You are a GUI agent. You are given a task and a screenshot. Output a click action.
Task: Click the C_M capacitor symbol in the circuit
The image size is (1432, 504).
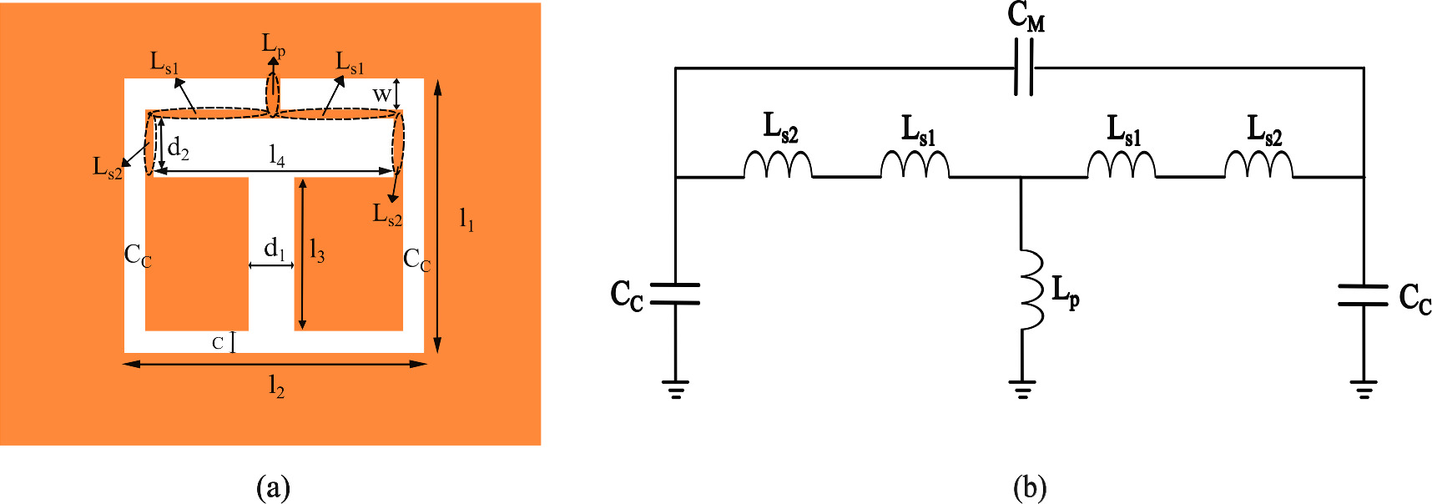pos(1024,68)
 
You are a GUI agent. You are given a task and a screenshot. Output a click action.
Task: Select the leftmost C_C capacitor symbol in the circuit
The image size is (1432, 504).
pos(674,293)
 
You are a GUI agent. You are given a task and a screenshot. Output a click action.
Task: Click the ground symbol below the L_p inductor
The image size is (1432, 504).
pos(1021,389)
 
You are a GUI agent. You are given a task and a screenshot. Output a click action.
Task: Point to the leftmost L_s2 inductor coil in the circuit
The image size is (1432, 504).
pos(778,164)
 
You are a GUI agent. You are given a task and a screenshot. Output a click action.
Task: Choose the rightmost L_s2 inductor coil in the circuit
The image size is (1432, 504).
pos(1258,164)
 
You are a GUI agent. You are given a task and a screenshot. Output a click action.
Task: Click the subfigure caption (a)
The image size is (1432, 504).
pos(274,487)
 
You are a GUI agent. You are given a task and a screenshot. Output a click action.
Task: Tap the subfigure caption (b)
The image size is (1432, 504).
pos(1029,487)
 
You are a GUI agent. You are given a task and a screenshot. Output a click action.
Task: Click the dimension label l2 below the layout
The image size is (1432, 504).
pos(276,386)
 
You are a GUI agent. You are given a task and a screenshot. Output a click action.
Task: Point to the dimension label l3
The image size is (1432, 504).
pos(316,250)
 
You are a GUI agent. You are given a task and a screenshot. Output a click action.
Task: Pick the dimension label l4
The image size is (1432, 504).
pos(276,155)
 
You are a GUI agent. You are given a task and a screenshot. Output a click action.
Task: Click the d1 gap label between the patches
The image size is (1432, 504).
pos(274,249)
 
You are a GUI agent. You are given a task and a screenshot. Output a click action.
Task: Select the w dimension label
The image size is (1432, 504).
pos(381,94)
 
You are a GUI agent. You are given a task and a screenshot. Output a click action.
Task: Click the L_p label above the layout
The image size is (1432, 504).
pos(274,44)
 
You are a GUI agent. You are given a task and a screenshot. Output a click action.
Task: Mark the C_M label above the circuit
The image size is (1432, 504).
pos(1026,16)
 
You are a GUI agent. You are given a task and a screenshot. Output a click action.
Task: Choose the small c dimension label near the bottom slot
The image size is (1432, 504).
pos(218,343)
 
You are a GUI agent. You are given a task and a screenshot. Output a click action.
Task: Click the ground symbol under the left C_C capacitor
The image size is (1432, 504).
pos(675,389)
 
